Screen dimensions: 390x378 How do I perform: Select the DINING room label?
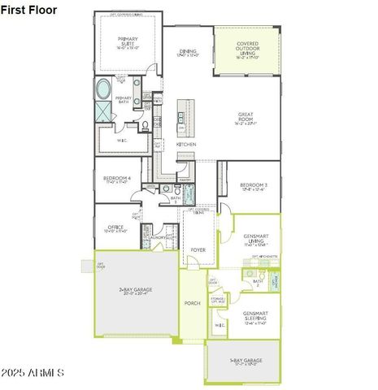click(x=187, y=51)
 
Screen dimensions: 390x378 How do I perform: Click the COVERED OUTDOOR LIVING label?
click(x=247, y=50)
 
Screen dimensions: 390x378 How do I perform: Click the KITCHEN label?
click(x=186, y=144)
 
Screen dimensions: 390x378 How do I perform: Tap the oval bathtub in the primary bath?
click(x=105, y=88)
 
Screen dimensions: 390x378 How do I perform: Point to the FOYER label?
click(x=198, y=250)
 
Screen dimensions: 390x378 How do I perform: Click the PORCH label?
click(x=192, y=303)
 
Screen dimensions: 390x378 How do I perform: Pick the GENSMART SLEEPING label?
click(x=255, y=317)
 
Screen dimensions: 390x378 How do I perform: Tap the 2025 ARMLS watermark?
click(x=33, y=372)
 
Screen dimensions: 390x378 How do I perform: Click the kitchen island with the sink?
click(x=182, y=117)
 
